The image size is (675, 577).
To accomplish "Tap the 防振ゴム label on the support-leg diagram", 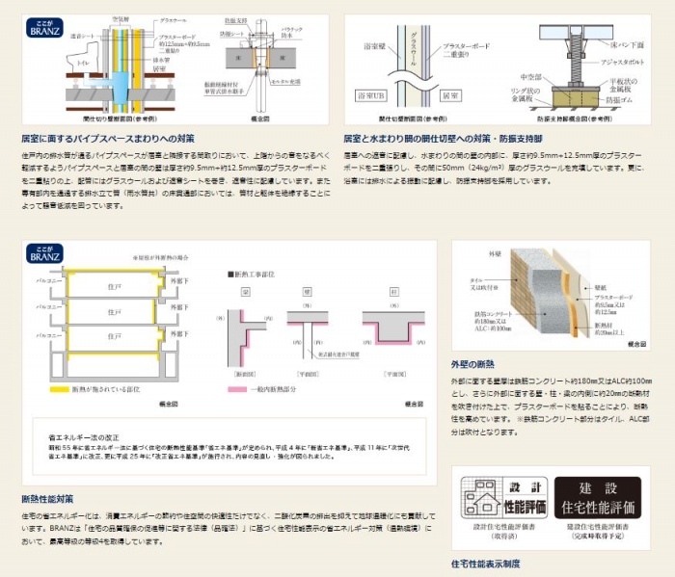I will tap(617, 100).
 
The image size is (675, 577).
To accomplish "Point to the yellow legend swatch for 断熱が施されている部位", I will tap(51, 389).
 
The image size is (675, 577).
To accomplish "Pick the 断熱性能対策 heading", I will tap(47, 498).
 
